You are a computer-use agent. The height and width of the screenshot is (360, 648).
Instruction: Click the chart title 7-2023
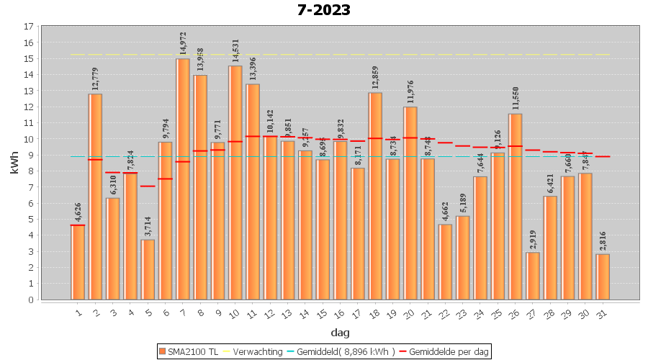click(324, 10)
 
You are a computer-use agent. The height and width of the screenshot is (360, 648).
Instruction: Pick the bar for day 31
click(603, 276)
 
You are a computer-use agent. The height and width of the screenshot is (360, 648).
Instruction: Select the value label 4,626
click(78, 210)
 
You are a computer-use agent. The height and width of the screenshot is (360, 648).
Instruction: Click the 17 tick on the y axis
click(29, 27)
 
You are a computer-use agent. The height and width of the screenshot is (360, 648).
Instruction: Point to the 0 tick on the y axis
click(31, 300)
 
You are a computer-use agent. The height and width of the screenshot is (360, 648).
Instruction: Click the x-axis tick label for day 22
click(444, 313)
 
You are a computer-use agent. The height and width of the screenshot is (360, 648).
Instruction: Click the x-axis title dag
click(340, 332)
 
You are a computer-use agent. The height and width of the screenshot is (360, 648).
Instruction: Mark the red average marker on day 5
click(148, 186)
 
